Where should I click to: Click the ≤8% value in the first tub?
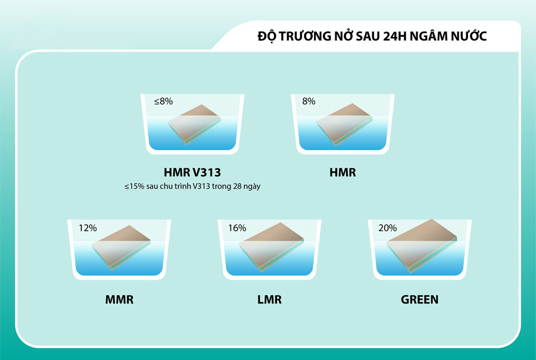[x=163, y=102]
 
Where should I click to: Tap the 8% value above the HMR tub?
[x=308, y=102]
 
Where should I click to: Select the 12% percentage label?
[x=88, y=228]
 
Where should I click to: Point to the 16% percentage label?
[x=237, y=228]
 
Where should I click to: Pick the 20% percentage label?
[x=387, y=228]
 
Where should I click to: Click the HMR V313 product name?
[x=192, y=173]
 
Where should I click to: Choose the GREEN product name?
[x=419, y=299]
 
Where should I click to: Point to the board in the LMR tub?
[x=272, y=246]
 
